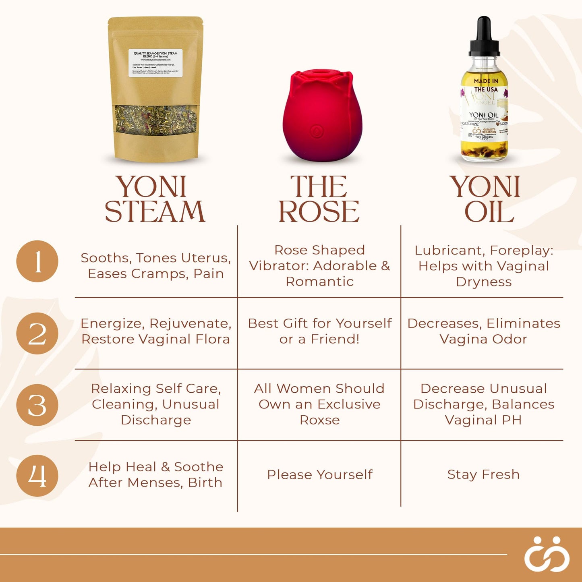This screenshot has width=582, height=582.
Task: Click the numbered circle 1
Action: tap(37, 261)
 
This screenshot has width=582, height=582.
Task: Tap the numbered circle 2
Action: tap(37, 333)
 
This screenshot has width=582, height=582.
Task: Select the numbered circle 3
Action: tap(37, 405)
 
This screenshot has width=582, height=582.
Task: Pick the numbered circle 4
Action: tap(37, 476)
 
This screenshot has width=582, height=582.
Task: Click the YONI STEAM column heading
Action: tap(155, 199)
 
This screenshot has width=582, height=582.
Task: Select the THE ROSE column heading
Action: tap(319, 199)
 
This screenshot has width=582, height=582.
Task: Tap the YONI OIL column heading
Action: tap(485, 199)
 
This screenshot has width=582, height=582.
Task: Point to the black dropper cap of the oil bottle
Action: tap(484, 36)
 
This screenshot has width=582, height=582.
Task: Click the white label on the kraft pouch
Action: tap(155, 63)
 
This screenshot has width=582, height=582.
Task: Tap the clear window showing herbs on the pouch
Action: tap(156, 119)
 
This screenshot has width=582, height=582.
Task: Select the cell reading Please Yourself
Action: tap(320, 474)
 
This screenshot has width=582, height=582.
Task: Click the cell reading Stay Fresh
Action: tap(483, 474)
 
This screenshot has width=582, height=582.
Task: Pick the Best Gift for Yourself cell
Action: tap(320, 331)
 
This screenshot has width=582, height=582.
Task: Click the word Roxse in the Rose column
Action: tap(320, 420)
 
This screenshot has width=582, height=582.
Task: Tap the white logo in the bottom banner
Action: tap(547, 554)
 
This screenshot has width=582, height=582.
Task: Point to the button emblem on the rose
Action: tap(317, 131)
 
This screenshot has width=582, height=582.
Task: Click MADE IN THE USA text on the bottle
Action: tap(486, 85)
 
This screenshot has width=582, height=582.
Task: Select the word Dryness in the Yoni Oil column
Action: tap(484, 282)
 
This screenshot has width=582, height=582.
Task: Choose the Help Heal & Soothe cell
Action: tap(155, 474)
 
